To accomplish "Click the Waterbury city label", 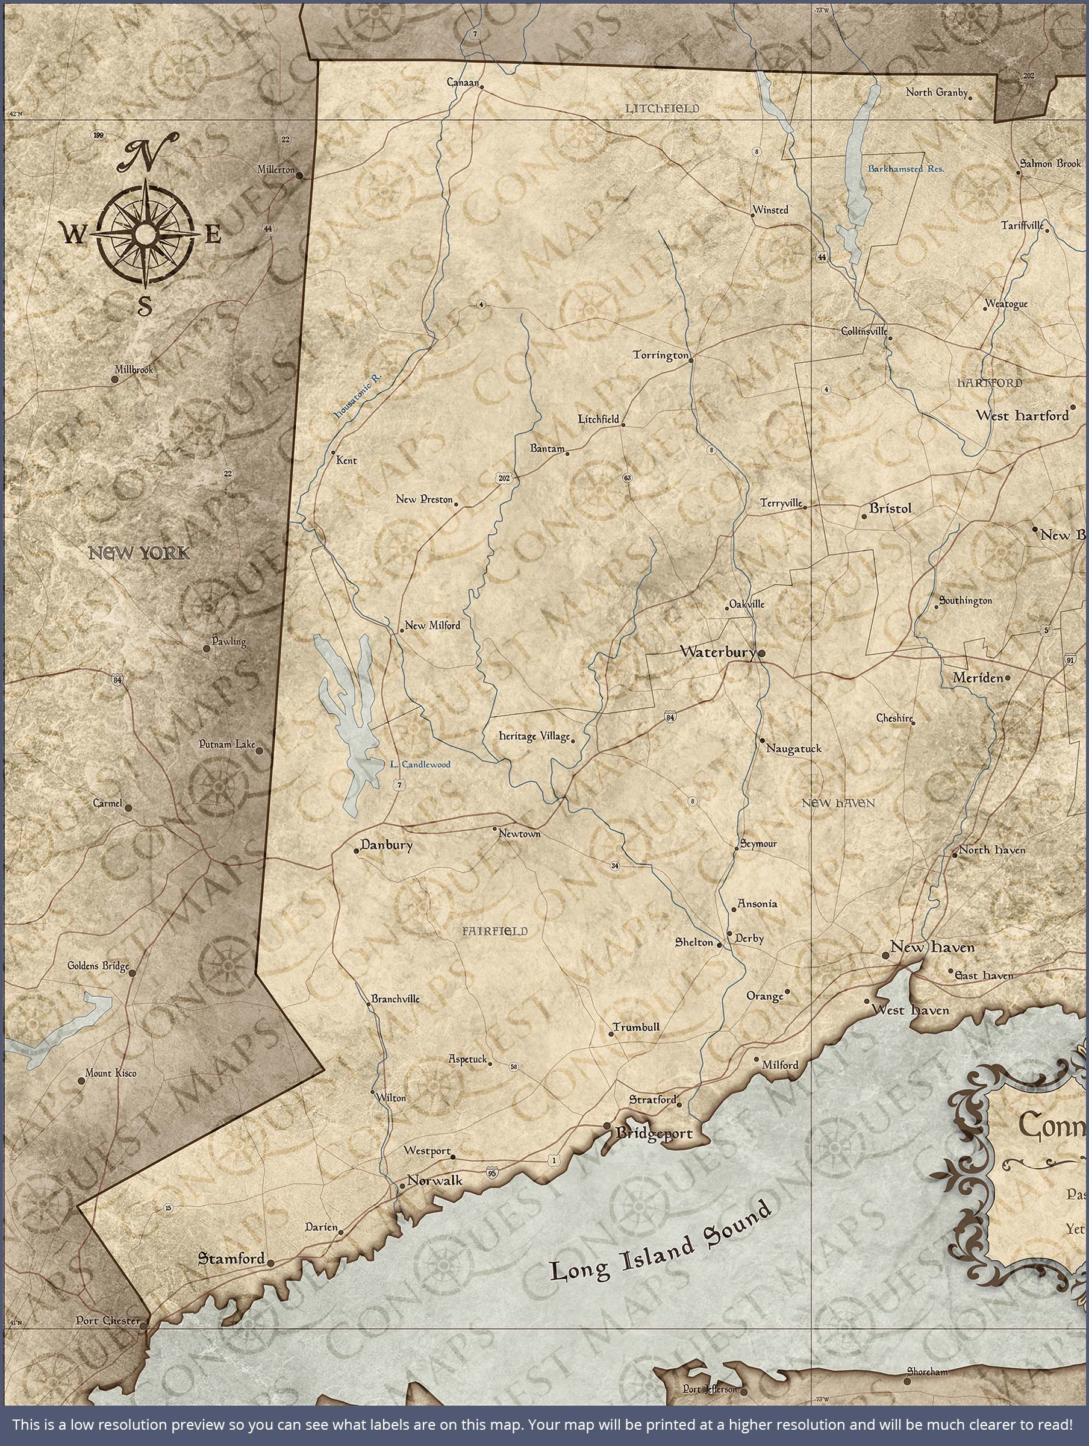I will tap(717, 652).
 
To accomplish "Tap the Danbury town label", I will tap(386, 845).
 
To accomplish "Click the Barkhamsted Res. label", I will tap(905, 169).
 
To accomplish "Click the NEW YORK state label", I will tap(139, 554).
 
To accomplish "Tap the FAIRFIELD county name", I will tap(494, 931).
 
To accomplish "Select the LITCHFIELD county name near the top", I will tap(661, 108).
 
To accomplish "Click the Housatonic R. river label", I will tap(358, 396).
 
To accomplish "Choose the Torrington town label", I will tap(660, 355).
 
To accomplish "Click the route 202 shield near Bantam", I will tap(504, 478).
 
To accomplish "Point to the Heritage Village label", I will tap(534, 737).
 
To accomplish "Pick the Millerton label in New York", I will tap(276, 169).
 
